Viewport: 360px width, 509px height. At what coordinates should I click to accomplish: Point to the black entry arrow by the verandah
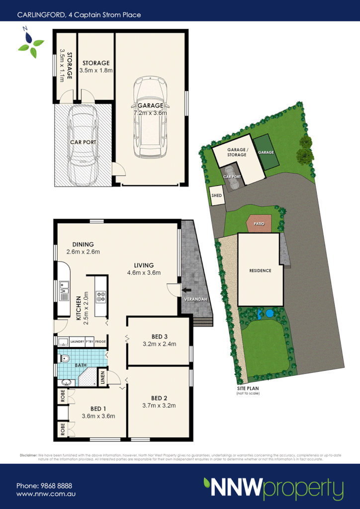pos(186,290)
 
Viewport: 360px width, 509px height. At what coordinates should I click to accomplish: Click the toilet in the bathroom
pos(64,358)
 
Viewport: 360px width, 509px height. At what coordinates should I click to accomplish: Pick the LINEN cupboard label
pos(103,378)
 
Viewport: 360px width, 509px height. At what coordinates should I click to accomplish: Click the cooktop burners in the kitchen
pos(101,297)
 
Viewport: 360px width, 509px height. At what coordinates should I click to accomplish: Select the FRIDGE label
pos(100,341)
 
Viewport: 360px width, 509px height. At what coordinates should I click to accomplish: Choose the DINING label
pos(83,244)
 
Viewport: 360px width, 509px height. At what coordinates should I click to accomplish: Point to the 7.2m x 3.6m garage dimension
pos(150,113)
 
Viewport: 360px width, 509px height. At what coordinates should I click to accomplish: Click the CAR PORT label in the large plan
pos(83,142)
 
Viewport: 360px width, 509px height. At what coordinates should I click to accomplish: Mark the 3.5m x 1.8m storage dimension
pos(96,71)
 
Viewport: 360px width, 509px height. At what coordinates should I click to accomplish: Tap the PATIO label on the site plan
pos(260,224)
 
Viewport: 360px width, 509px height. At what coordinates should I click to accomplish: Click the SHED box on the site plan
pos(217,195)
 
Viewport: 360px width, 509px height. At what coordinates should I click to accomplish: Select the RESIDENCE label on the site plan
pos(260,271)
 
